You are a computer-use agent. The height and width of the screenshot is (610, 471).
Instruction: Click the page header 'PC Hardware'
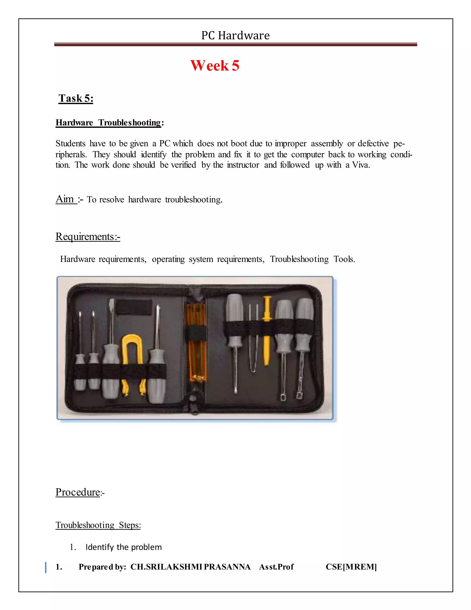tap(235, 35)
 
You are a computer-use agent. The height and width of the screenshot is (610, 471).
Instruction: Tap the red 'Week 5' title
tap(215, 66)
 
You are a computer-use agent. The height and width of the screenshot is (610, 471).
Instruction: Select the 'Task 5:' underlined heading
tap(76, 98)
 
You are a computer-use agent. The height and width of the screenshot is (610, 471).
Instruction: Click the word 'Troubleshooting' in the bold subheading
tap(129, 123)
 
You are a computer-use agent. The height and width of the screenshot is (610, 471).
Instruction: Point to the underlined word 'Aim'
tap(65, 199)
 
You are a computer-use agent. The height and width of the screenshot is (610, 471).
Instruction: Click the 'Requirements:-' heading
tap(88, 237)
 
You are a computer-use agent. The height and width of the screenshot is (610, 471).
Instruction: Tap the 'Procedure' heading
tap(78, 492)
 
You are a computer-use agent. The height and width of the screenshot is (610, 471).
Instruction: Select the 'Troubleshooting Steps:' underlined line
tap(98, 525)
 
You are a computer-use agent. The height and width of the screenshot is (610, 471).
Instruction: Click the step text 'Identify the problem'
tap(123, 547)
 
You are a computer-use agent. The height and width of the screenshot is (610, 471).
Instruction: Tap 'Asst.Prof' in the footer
tap(276, 567)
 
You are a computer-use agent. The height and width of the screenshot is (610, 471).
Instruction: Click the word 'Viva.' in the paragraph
tap(361, 165)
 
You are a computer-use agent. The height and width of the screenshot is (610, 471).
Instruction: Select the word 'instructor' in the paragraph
tap(243, 165)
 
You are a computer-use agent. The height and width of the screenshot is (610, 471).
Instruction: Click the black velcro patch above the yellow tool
tap(134, 307)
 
